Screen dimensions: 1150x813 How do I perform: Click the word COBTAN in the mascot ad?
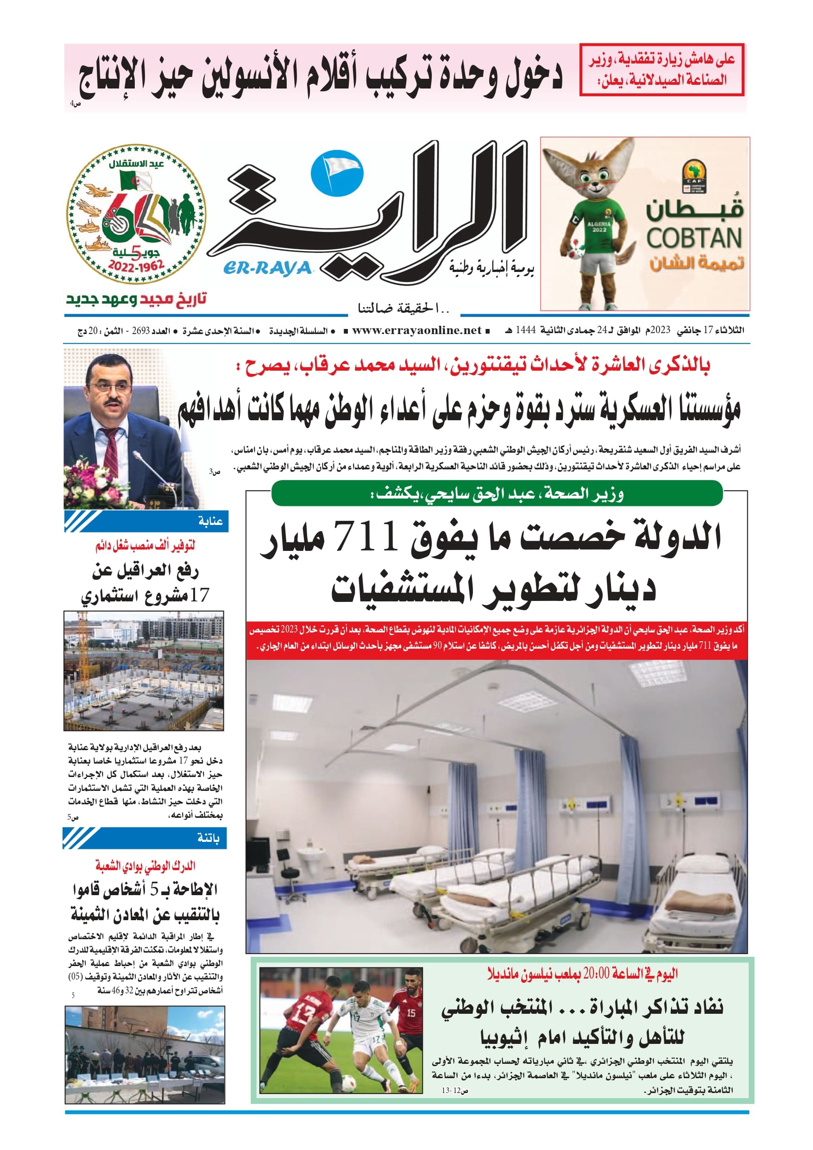pyautogui.click(x=694, y=238)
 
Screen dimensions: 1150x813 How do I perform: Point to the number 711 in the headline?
pyautogui.click(x=365, y=536)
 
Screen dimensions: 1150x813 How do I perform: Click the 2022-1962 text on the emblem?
pyautogui.click(x=136, y=266)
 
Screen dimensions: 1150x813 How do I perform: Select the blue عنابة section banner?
pyautogui.click(x=146, y=521)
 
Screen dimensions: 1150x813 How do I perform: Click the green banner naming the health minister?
pyautogui.click(x=497, y=494)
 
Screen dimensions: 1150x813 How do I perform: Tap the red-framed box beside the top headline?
pyautogui.click(x=661, y=70)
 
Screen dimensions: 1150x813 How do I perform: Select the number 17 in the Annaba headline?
pyautogui.click(x=199, y=595)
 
